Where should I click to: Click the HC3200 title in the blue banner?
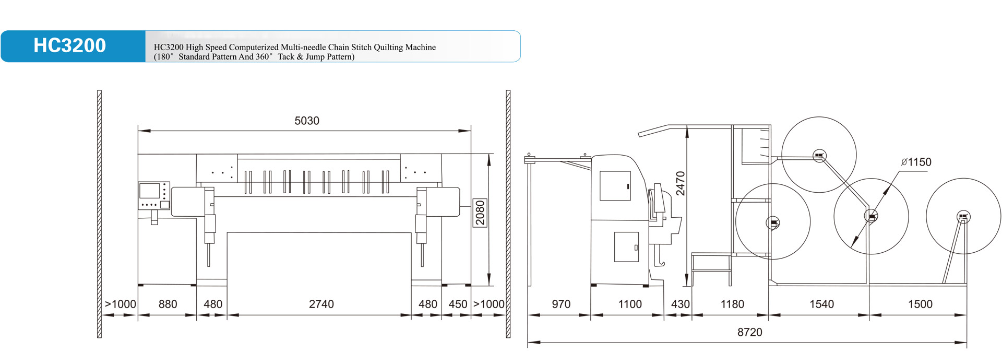(x=69, y=46)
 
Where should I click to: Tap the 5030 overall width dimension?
(x=307, y=121)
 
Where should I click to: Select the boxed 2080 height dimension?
(x=480, y=213)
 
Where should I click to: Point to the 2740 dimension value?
(x=321, y=304)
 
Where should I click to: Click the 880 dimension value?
(x=168, y=304)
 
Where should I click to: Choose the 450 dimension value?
(x=458, y=304)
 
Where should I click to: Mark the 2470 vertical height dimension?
(x=680, y=183)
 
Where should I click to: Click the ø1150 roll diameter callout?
(x=916, y=162)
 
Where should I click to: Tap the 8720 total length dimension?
(x=749, y=333)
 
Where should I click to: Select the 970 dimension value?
(x=561, y=304)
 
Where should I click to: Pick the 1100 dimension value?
(x=630, y=304)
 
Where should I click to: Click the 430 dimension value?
(x=680, y=304)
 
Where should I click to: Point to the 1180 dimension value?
(x=732, y=304)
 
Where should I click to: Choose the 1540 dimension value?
(x=821, y=304)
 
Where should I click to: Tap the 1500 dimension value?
(x=920, y=304)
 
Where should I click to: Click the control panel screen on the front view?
(x=150, y=191)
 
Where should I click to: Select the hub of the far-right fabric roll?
(x=963, y=216)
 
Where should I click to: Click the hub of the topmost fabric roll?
(x=819, y=155)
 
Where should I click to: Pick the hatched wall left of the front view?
(x=99, y=214)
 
